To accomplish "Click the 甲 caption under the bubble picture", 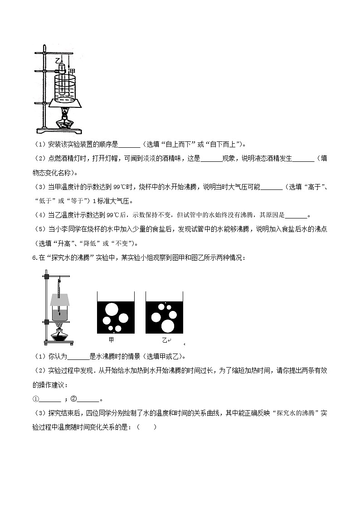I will point(112,340).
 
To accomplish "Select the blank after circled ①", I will point(50,399).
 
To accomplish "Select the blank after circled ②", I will point(88,399).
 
